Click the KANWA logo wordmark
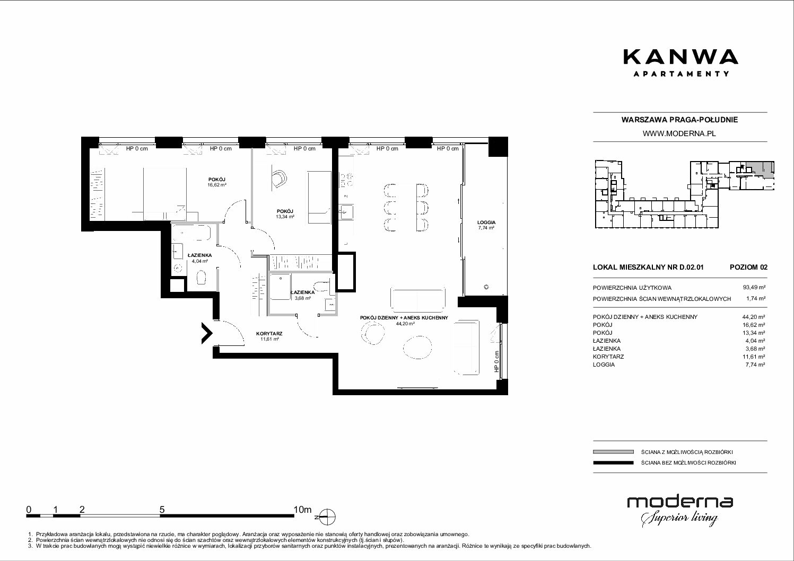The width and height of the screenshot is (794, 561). [681, 57]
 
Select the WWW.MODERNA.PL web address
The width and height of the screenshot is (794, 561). [679, 133]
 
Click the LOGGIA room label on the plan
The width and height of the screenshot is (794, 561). [486, 222]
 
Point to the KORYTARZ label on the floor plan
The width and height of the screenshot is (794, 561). [269, 333]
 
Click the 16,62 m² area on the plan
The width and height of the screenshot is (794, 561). [217, 185]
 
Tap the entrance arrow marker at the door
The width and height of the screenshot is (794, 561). [207, 333]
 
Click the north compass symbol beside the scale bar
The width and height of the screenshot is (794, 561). [327, 517]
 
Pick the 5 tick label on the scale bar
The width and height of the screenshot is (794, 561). [162, 509]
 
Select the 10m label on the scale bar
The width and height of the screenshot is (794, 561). [302, 509]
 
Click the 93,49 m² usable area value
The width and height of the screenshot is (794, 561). [754, 288]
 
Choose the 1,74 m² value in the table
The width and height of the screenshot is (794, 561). [756, 298]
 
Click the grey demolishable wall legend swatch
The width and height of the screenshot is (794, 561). [613, 452]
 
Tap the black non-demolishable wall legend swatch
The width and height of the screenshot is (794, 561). [613, 462]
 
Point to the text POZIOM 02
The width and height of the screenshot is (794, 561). [748, 267]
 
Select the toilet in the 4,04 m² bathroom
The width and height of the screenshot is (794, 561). [202, 278]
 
